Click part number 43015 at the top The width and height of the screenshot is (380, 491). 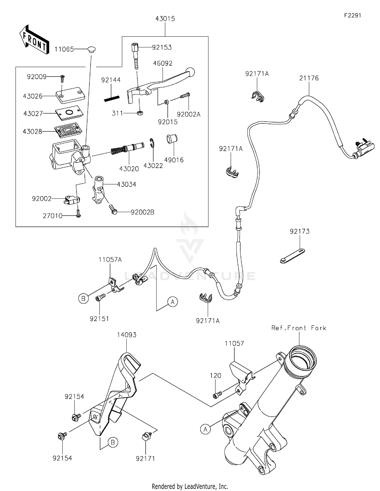[x=165, y=19]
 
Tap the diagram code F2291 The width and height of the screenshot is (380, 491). [x=352, y=15]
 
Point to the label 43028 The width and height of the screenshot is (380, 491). [x=32, y=132]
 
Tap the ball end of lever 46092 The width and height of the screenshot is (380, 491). [x=191, y=72]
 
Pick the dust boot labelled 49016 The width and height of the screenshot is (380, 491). [x=172, y=139]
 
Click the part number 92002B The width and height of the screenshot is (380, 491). [x=142, y=212]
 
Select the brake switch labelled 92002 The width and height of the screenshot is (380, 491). [x=72, y=200]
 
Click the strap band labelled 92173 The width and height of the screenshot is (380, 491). [x=293, y=256]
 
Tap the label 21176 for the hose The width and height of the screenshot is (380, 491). [x=309, y=78]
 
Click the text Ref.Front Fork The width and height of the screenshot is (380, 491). [x=299, y=328]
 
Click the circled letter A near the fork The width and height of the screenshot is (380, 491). [x=205, y=429]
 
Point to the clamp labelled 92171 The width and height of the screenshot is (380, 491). [x=145, y=436]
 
